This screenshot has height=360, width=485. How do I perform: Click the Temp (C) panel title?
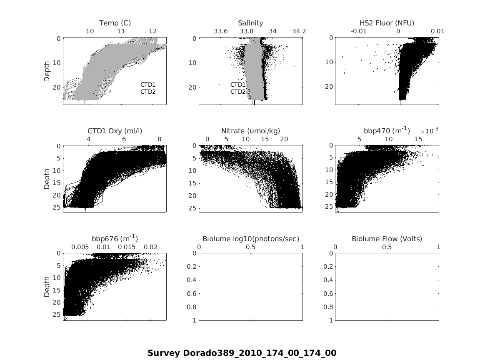(x=115, y=23)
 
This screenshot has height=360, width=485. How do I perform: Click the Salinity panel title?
(x=250, y=23)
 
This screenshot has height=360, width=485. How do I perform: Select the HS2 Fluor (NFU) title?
(x=387, y=23)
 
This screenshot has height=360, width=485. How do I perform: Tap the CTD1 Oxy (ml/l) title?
(x=115, y=131)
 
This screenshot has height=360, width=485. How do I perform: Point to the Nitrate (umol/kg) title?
(x=250, y=131)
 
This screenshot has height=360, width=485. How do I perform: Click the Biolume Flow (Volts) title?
(x=387, y=239)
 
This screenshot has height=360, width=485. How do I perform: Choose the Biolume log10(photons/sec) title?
(x=250, y=239)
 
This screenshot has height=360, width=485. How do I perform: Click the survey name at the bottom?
(x=242, y=353)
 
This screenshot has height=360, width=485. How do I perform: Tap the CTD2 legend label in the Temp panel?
(x=147, y=92)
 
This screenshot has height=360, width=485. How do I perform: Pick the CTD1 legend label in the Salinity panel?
(x=238, y=85)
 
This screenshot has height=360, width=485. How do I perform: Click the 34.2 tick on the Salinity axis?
(x=299, y=31)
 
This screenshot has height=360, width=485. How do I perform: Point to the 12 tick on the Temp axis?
(x=153, y=31)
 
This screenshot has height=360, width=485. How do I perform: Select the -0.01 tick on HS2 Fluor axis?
(x=359, y=31)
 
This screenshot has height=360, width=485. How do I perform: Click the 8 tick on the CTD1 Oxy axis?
(x=160, y=139)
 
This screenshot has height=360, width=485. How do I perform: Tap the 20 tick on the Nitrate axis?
(x=284, y=139)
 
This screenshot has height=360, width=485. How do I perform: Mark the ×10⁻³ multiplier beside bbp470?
(x=429, y=131)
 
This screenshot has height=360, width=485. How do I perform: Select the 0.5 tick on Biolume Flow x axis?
(x=387, y=247)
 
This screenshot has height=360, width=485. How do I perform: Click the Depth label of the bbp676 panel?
(x=47, y=287)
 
